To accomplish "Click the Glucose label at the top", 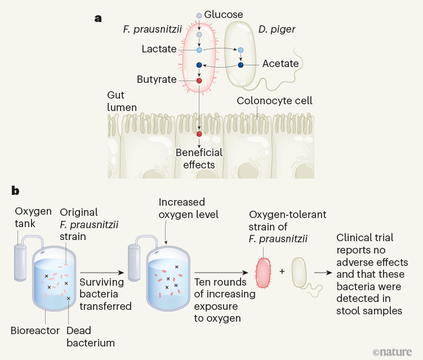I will click(224, 15).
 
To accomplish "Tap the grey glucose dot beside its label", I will click(199, 15).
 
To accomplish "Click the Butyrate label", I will click(157, 79).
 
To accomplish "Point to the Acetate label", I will click(280, 64).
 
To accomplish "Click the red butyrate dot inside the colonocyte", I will click(199, 134).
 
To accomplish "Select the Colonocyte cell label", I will click(274, 101).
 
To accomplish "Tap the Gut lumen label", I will click(122, 101).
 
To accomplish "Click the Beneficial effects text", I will click(199, 158).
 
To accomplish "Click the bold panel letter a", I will click(98, 18).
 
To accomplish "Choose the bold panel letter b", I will click(16, 191).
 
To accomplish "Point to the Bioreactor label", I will click(35, 330).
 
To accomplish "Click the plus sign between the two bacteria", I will click(282, 271).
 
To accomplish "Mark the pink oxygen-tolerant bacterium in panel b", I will click(264, 273).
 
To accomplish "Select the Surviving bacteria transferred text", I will click(105, 294).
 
